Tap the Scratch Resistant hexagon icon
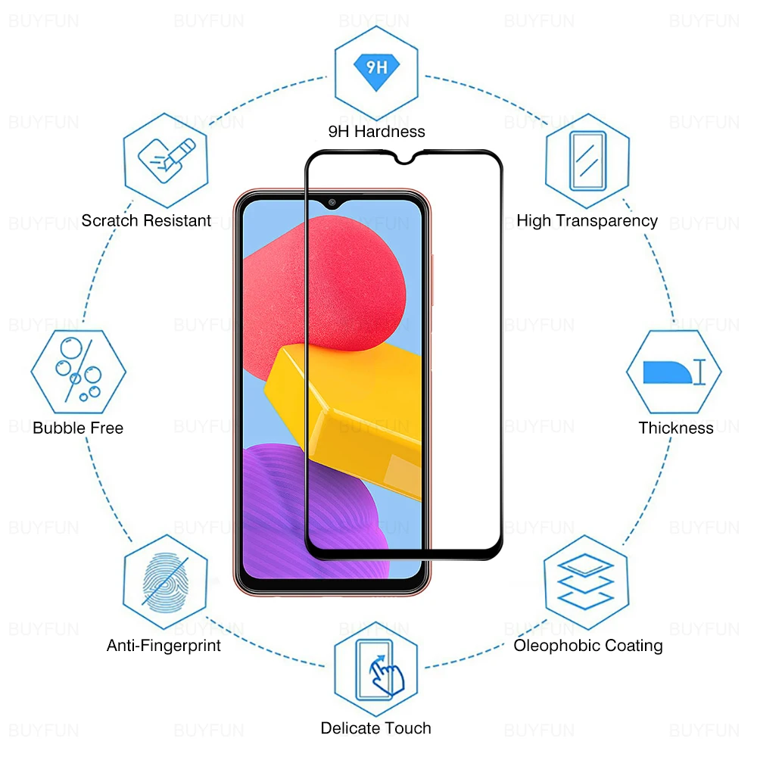166,160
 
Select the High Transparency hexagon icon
587,160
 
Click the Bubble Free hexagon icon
78,371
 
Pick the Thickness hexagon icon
674,371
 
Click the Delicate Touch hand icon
376,665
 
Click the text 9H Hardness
376,132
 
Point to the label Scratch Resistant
146,221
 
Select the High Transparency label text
587,221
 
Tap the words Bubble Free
78,428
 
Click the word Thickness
675,428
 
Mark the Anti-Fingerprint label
164,646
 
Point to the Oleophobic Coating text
588,646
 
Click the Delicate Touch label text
376,728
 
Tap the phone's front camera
332,203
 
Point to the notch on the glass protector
403,157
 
